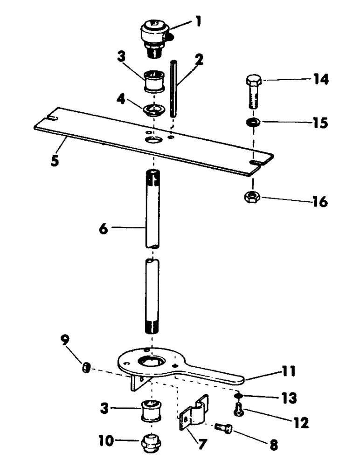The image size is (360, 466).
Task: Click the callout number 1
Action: (x=199, y=22)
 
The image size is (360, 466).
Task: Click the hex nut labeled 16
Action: (x=253, y=198)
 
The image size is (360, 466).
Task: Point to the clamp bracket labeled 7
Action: (x=193, y=412)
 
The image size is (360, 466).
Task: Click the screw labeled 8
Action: (x=224, y=427)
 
